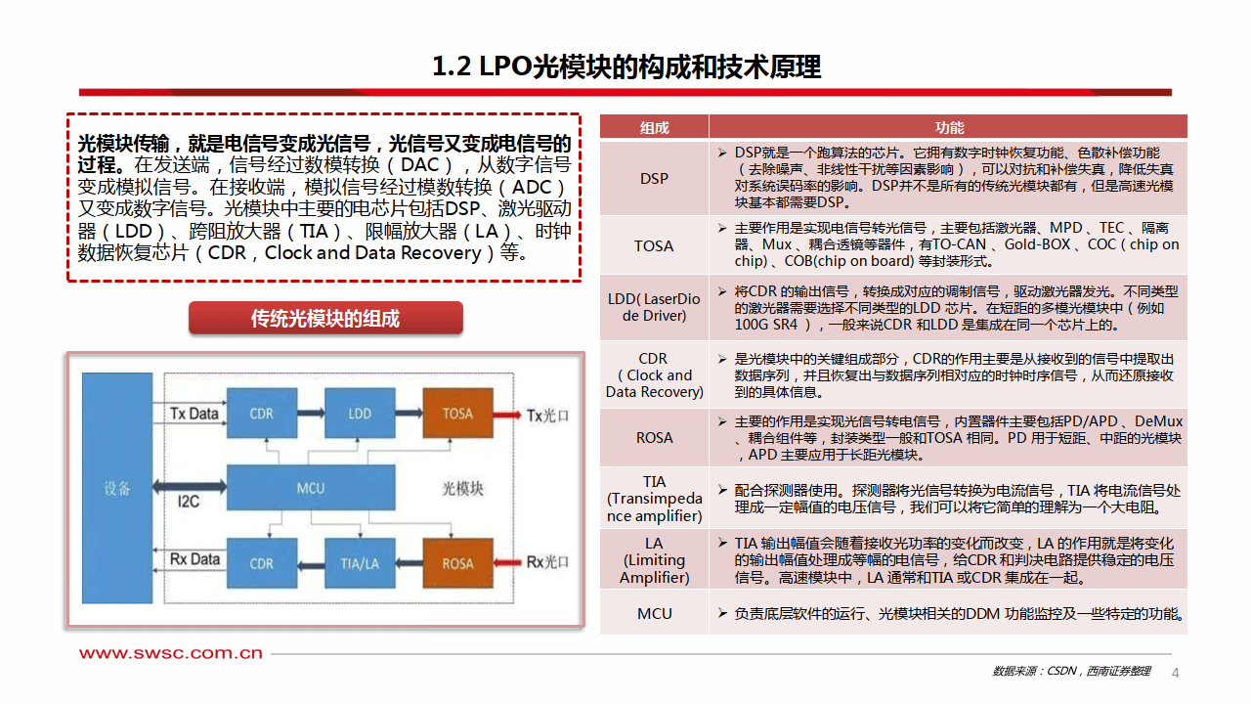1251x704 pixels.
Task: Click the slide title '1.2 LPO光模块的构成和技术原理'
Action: pos(626,66)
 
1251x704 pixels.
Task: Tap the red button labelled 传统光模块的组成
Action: pos(325,319)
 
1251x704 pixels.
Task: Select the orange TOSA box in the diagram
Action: pos(457,414)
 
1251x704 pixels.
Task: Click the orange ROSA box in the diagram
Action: pos(457,563)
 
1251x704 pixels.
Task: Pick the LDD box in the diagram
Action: pos(360,414)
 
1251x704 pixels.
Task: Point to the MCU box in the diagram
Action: pos(310,488)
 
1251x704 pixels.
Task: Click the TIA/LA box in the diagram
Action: pos(360,563)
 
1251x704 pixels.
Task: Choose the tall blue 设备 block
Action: pos(117,488)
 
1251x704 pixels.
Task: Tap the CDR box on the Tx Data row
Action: pos(261,414)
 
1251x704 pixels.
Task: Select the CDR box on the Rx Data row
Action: pos(261,563)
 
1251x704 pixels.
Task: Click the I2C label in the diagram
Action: pos(189,502)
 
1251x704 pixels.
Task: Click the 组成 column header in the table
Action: pos(654,127)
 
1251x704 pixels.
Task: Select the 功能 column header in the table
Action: pos(948,127)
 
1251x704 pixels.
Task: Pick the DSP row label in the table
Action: pos(654,178)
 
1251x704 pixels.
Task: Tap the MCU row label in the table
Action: pos(654,613)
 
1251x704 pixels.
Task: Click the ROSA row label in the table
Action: pos(654,437)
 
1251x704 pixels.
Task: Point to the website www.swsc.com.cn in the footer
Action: pos(171,653)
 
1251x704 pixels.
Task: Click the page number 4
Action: pos(1176,672)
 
